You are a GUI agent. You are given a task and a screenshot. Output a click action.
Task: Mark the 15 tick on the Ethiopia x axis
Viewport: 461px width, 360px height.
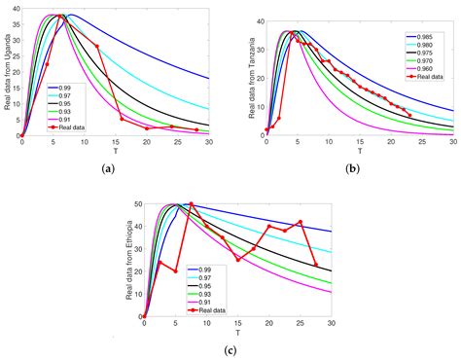click(x=237, y=325)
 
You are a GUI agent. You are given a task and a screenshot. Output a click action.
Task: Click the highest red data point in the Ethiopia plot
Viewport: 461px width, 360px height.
click(x=192, y=204)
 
